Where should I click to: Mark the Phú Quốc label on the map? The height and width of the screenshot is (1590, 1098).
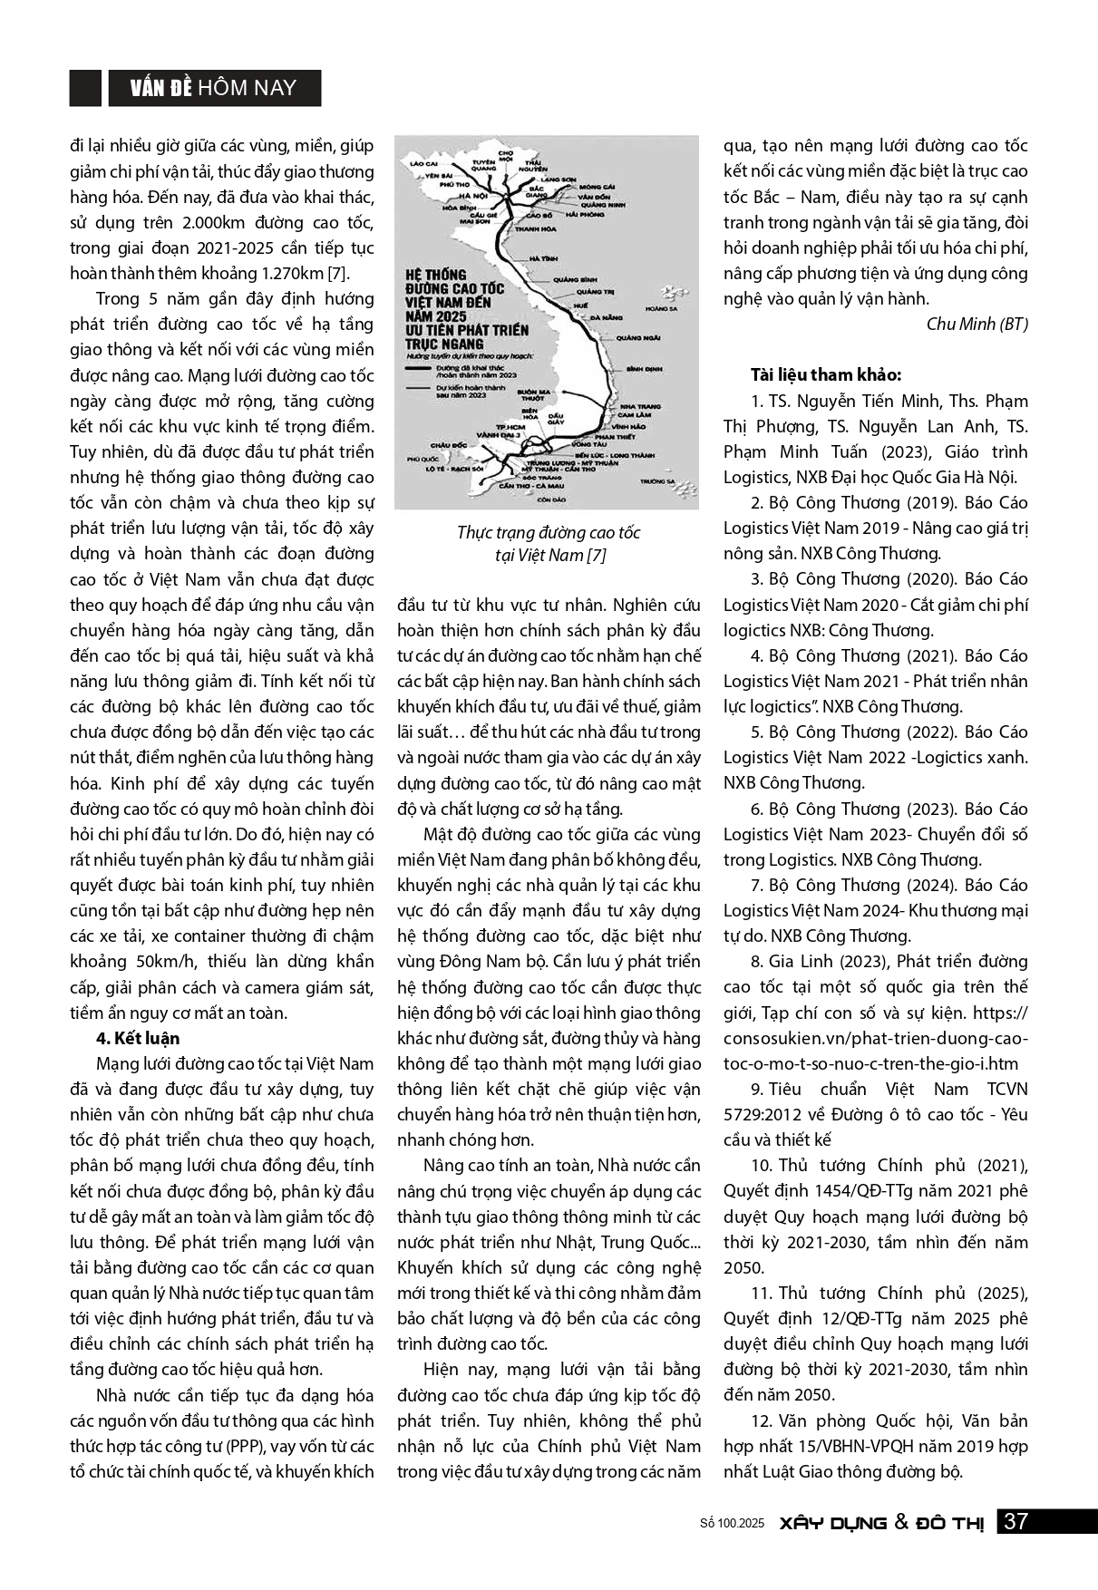tap(422, 461)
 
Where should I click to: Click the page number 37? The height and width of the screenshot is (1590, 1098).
tap(1015, 1521)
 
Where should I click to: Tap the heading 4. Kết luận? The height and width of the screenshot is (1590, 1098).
tap(138, 1038)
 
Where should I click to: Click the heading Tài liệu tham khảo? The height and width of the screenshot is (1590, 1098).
tap(825, 375)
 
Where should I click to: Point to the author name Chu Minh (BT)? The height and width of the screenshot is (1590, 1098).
tap(977, 324)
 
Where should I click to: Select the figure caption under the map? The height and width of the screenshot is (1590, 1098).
tap(548, 544)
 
